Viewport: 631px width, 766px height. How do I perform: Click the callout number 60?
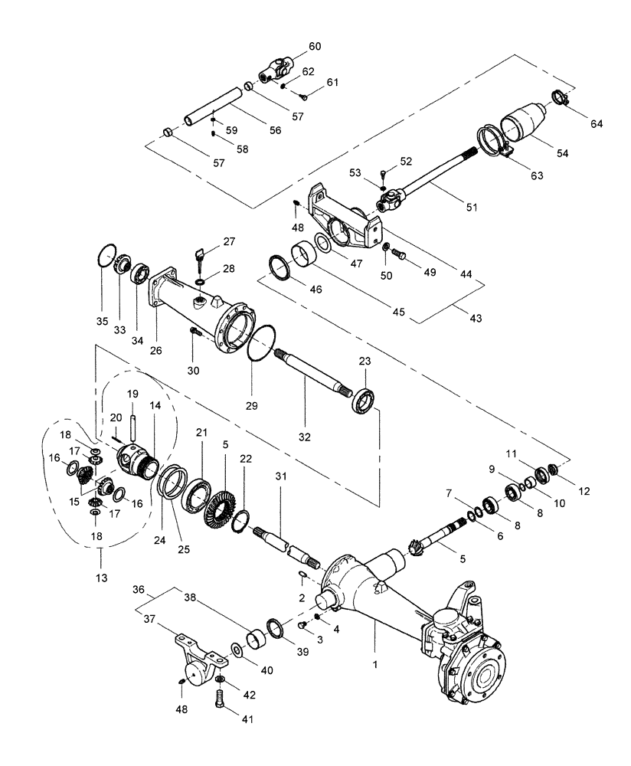[315, 47]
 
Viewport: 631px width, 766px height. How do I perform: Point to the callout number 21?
[201, 433]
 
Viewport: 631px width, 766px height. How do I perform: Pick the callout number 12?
[584, 490]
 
